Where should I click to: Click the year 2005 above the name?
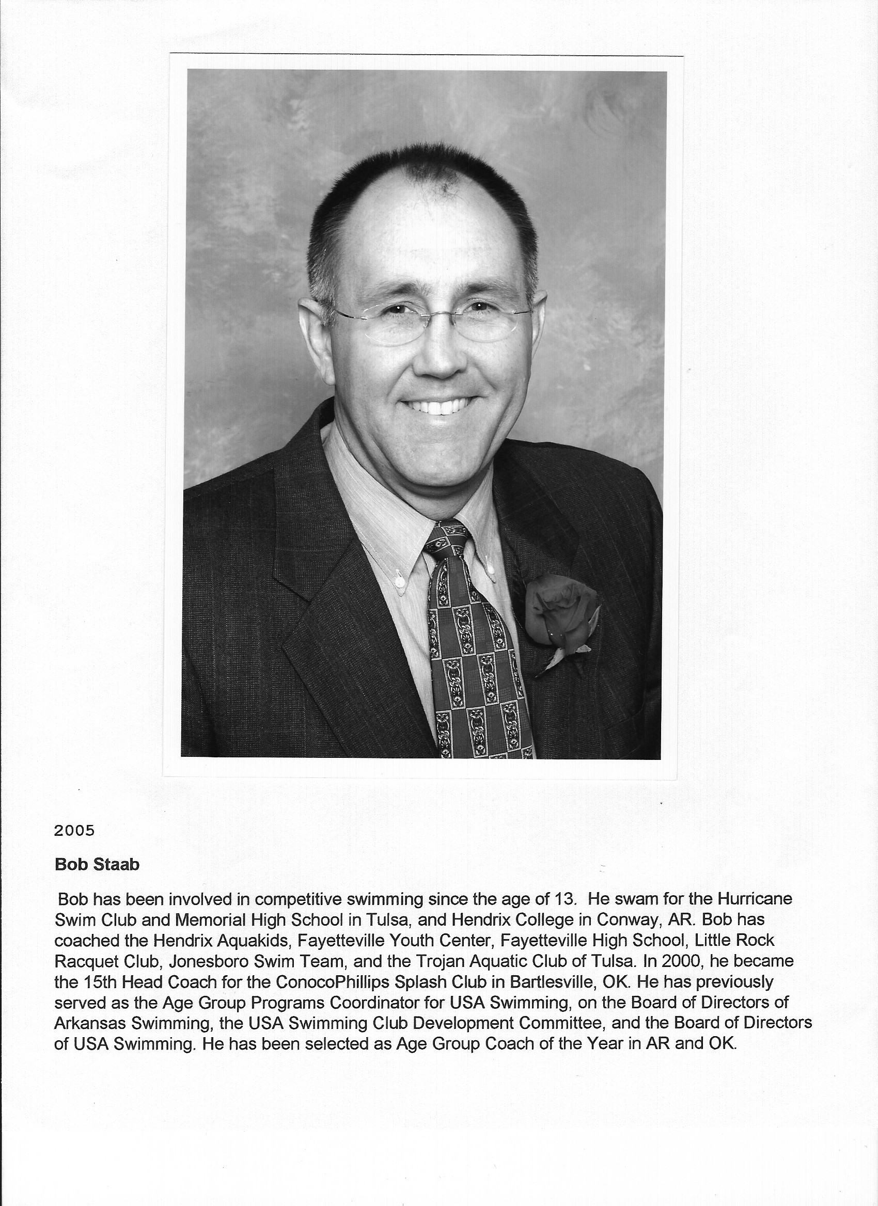click(x=74, y=831)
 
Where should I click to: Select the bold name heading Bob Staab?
click(x=97, y=864)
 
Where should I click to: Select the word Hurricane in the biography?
click(x=755, y=899)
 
